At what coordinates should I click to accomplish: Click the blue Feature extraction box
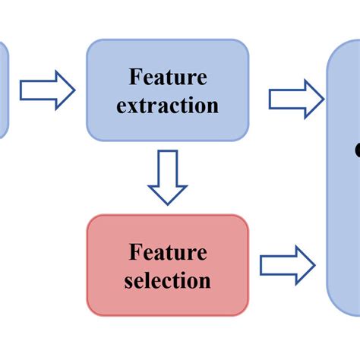[167, 90]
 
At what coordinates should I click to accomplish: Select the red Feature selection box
[167, 265]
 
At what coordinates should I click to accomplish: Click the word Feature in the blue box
[167, 77]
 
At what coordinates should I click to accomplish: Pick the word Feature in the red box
[168, 251]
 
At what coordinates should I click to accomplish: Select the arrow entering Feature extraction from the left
[47, 90]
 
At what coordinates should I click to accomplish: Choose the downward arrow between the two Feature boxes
[167, 177]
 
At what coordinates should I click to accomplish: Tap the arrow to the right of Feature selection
[288, 266]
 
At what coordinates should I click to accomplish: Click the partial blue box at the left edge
[3, 90]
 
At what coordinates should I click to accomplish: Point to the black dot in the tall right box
[357, 152]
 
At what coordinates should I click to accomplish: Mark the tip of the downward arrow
[167, 203]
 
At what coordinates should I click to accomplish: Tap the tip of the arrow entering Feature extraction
[74, 90]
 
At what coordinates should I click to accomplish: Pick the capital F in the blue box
[134, 77]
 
